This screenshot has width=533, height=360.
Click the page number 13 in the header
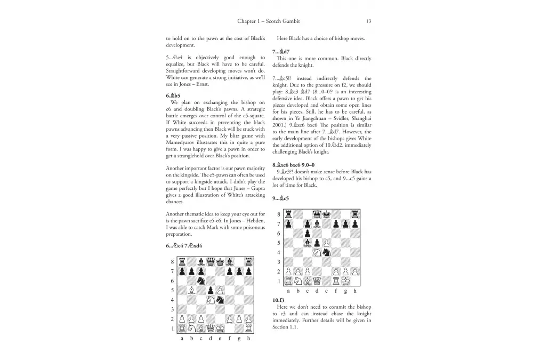click(x=368, y=21)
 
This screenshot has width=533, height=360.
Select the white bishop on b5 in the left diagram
click(x=191, y=291)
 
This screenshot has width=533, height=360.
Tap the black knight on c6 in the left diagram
click(x=201, y=281)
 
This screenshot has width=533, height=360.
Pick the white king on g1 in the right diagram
click(x=345, y=281)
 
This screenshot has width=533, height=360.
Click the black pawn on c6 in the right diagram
click(x=307, y=233)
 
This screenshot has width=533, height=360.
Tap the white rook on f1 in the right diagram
click(x=336, y=281)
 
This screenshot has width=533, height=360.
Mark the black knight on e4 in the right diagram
click(x=326, y=252)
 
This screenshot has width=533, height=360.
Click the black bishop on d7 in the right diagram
click(x=317, y=223)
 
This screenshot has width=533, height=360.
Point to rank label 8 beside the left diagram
click(x=172, y=262)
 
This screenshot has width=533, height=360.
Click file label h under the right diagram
click(x=355, y=291)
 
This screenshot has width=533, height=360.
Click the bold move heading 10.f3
click(x=278, y=301)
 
